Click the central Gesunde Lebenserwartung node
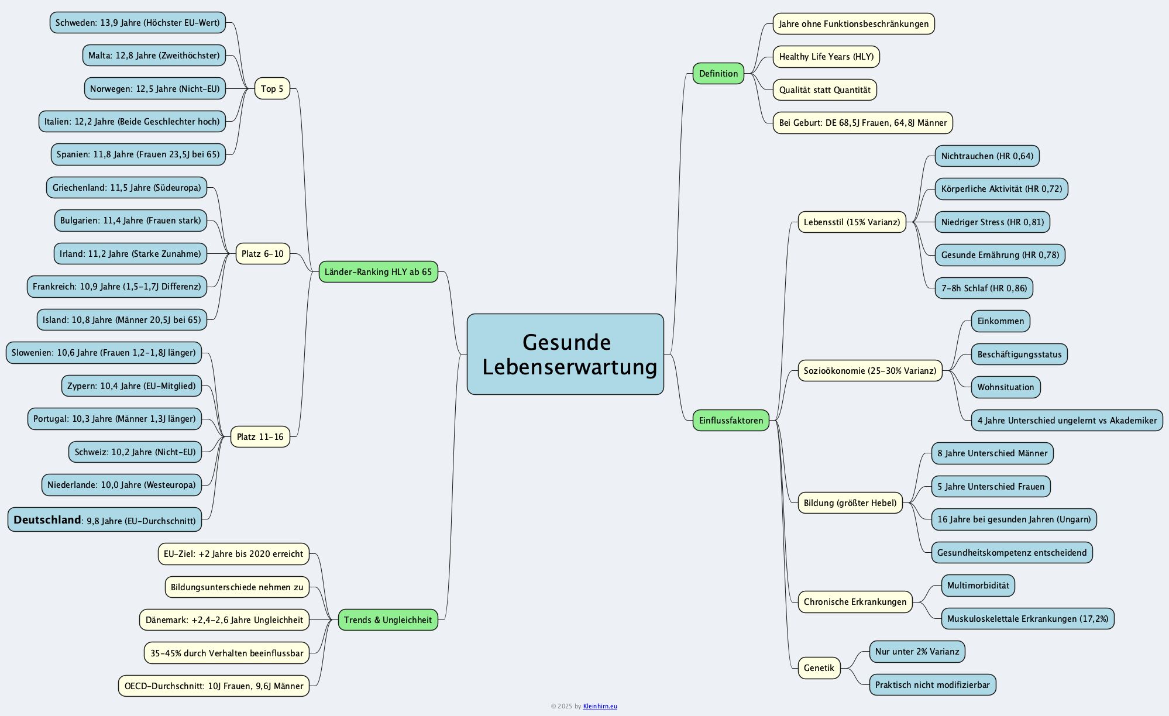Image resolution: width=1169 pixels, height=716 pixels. (x=565, y=354)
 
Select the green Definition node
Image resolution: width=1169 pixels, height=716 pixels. (x=718, y=74)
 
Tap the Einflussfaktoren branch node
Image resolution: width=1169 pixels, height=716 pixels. (x=730, y=421)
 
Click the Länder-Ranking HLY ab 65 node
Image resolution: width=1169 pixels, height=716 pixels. (x=378, y=272)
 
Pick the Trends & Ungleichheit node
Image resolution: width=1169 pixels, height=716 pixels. (x=387, y=620)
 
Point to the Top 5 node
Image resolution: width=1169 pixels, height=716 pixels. (x=272, y=89)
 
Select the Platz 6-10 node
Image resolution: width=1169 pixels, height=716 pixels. (x=262, y=254)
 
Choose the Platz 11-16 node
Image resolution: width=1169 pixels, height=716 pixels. (x=260, y=437)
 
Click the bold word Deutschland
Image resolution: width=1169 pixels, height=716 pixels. (x=47, y=520)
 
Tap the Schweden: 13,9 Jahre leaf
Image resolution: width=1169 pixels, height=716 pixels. (x=137, y=23)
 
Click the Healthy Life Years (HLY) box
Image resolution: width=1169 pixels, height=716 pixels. (x=826, y=57)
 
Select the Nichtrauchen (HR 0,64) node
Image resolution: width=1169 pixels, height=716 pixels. (x=986, y=156)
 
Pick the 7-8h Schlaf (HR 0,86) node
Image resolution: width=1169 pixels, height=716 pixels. (x=984, y=288)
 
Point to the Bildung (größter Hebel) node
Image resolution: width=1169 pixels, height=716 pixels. (x=850, y=503)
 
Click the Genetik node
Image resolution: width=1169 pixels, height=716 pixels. (x=819, y=668)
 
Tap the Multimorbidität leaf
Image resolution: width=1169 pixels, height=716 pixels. (x=978, y=586)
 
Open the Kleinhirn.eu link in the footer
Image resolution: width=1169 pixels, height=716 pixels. (x=600, y=707)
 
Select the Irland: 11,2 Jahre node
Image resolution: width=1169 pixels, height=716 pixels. (x=130, y=254)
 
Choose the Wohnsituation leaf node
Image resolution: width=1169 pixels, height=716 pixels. (x=1005, y=387)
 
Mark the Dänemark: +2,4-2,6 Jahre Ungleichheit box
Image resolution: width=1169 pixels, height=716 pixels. (x=224, y=620)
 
